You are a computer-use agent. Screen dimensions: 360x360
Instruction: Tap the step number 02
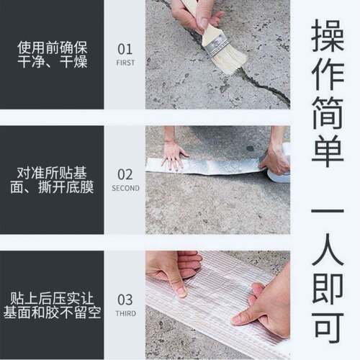[x=125, y=174]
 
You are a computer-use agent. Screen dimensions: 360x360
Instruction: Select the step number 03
[x=125, y=300]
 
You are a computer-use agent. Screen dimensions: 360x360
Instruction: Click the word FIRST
[x=125, y=62]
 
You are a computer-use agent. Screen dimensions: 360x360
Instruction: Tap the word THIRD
[x=125, y=312]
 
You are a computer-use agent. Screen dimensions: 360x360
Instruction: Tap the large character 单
[x=325, y=160]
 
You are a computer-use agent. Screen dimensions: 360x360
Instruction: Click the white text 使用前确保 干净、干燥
[x=54, y=55]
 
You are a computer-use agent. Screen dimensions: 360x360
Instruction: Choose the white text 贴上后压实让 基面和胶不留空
[x=54, y=305]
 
